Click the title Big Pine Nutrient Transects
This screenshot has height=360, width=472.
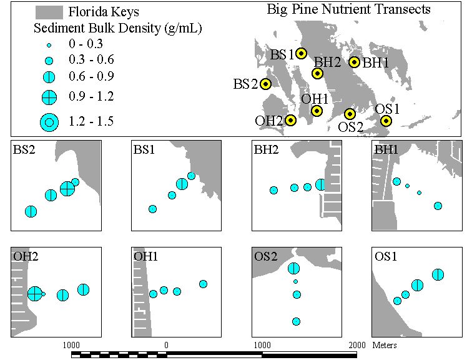[x=348, y=9]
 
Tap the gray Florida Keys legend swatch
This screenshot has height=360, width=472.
[x=49, y=12]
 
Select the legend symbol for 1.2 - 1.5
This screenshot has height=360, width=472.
[x=49, y=122]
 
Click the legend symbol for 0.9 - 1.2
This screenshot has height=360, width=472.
[x=49, y=97]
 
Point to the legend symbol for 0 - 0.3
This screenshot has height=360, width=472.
[x=49, y=46]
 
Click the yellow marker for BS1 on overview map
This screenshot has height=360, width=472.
[x=302, y=53]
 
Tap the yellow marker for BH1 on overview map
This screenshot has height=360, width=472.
[x=355, y=62]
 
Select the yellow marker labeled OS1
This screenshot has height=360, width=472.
[x=386, y=121]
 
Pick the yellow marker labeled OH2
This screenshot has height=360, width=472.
[x=290, y=121]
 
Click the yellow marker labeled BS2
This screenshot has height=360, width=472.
[x=265, y=84]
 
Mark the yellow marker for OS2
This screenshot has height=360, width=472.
[x=350, y=114]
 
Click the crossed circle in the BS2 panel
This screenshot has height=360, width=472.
[x=67, y=189]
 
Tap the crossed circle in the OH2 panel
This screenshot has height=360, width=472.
[x=35, y=293]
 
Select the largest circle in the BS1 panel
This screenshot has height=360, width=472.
[x=182, y=184]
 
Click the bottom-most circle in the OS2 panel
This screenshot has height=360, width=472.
[x=296, y=321]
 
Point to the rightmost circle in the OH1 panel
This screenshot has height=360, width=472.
[x=203, y=284]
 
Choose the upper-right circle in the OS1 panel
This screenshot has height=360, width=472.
[x=438, y=274]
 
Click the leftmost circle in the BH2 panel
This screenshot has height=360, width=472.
[x=273, y=190]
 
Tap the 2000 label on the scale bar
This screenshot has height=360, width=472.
[x=357, y=345]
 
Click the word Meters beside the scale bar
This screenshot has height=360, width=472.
[x=385, y=345]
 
